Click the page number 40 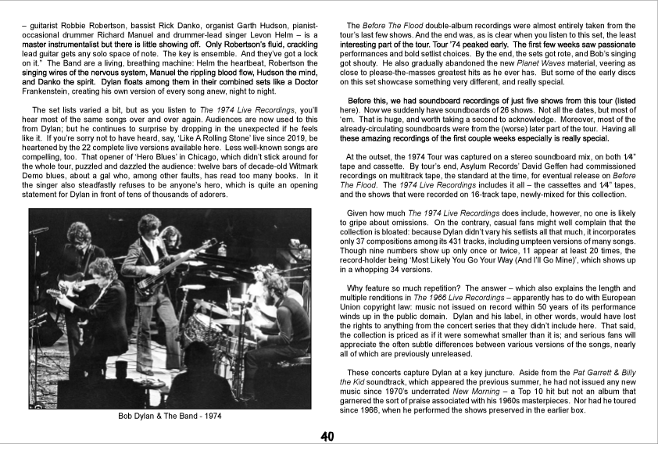pos(328,437)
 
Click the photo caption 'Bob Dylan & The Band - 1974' pos(170,416)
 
